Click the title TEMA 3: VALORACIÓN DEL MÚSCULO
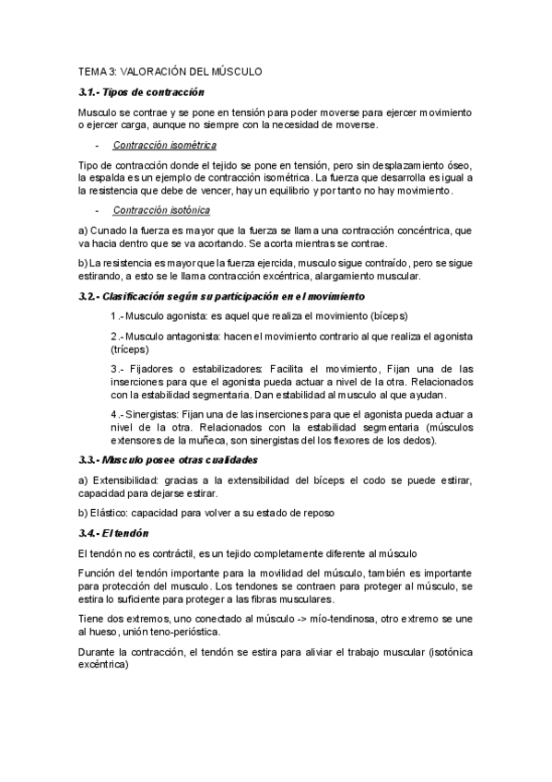coord(170,70)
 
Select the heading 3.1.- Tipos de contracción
coord(141,92)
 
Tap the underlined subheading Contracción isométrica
coord(164,145)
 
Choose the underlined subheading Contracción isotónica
coord(160,210)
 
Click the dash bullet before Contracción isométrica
coord(97,145)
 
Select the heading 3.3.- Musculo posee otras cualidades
coord(168,459)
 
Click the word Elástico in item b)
coord(112,512)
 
